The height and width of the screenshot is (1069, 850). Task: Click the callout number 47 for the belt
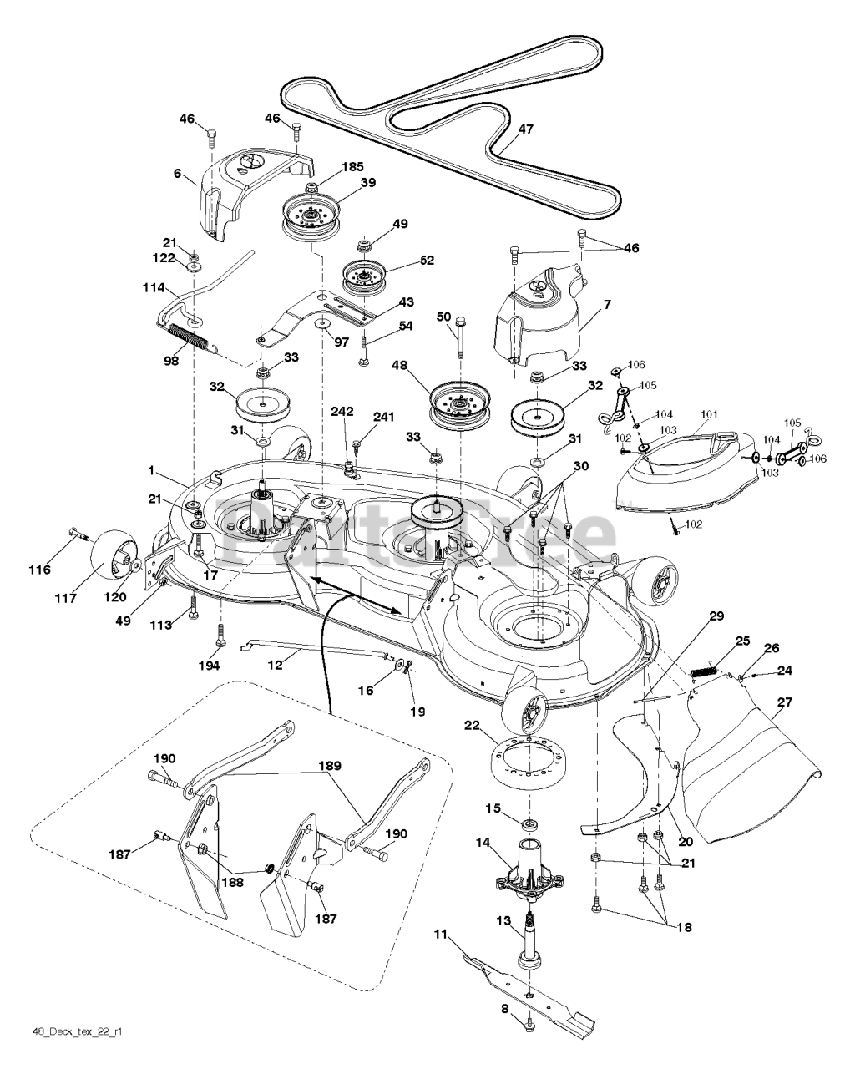[x=525, y=129]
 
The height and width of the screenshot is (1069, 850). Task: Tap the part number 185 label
[x=329, y=167]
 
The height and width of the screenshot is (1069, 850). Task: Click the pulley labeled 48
[x=458, y=405]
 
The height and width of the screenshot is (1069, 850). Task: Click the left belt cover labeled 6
[x=235, y=188]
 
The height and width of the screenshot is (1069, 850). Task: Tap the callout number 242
[x=342, y=412]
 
